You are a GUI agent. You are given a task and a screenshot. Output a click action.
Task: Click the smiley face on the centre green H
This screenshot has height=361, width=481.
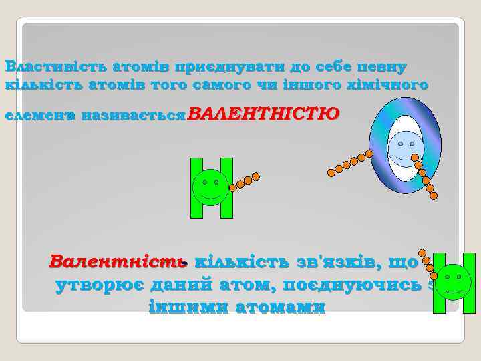(211, 187)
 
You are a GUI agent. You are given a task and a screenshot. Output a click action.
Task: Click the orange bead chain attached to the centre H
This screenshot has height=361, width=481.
(245, 180)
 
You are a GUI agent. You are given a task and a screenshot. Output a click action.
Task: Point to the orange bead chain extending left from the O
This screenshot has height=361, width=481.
(350, 162)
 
